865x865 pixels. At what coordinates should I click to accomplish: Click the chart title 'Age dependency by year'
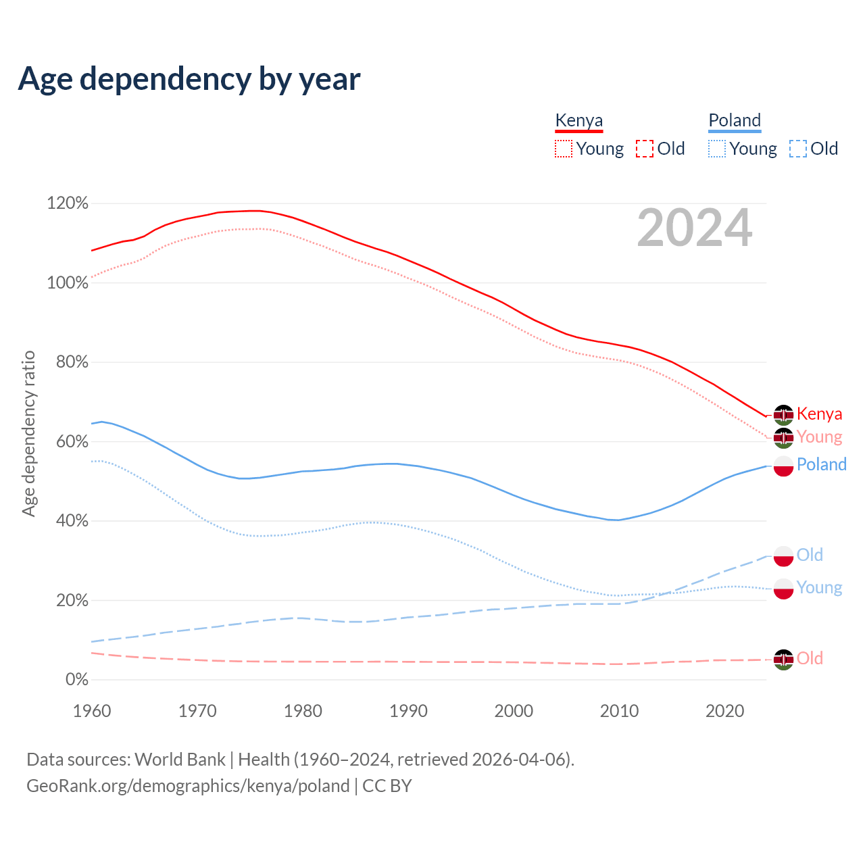189,79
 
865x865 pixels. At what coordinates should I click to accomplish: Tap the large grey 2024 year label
694,228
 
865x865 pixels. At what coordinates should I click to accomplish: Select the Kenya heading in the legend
578,120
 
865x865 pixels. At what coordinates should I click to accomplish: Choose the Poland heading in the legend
735,120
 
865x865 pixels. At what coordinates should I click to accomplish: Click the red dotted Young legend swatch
563,149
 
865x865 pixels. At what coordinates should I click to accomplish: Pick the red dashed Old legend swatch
645,149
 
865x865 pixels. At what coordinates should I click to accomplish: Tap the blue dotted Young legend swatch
717,149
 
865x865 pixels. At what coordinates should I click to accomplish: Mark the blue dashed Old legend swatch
798,149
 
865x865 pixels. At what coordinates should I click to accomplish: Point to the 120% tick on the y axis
68,203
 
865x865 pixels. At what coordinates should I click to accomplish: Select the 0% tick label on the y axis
76,680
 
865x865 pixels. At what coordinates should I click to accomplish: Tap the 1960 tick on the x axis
92,711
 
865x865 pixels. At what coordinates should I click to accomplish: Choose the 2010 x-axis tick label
620,711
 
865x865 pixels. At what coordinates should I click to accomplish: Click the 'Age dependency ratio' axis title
29,433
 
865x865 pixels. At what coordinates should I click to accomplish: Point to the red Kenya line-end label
819,414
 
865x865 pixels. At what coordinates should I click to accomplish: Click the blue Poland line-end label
821,464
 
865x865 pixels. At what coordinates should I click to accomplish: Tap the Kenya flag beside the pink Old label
783,659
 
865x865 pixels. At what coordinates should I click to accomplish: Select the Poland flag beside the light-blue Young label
783,589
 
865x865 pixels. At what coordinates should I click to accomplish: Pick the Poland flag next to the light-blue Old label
783,555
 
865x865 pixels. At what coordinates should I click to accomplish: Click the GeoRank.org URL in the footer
188,786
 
